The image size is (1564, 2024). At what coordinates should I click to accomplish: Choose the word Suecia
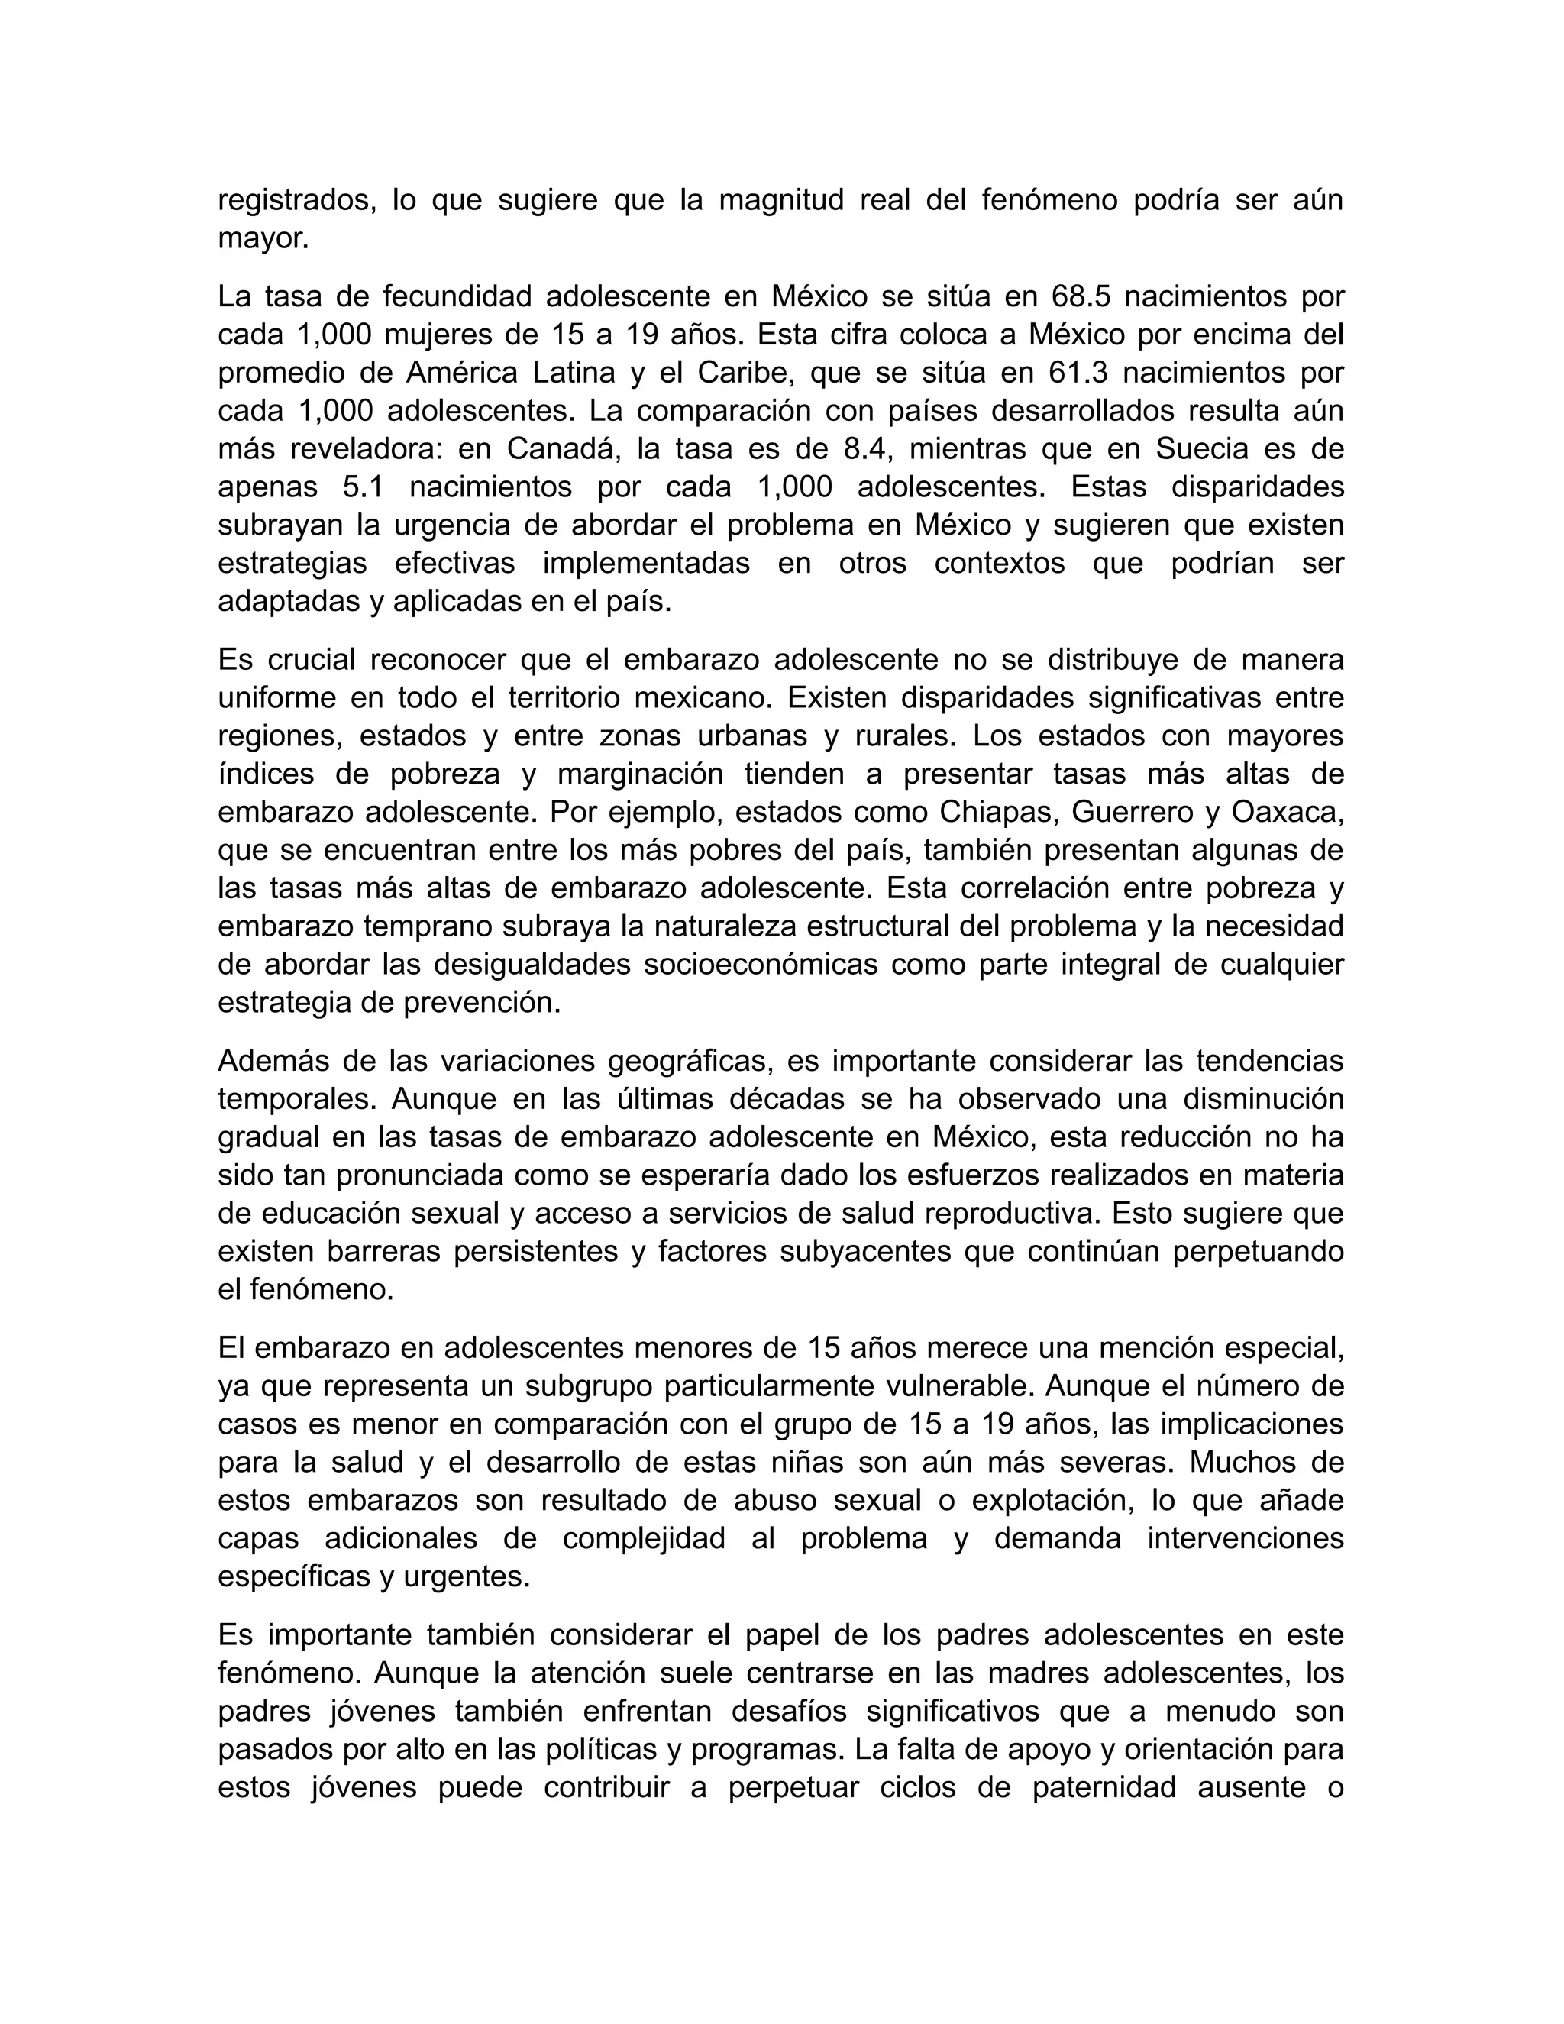[1208, 448]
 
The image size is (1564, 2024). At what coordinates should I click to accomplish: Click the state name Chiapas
[997, 812]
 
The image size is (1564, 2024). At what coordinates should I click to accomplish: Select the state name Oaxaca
[1283, 812]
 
